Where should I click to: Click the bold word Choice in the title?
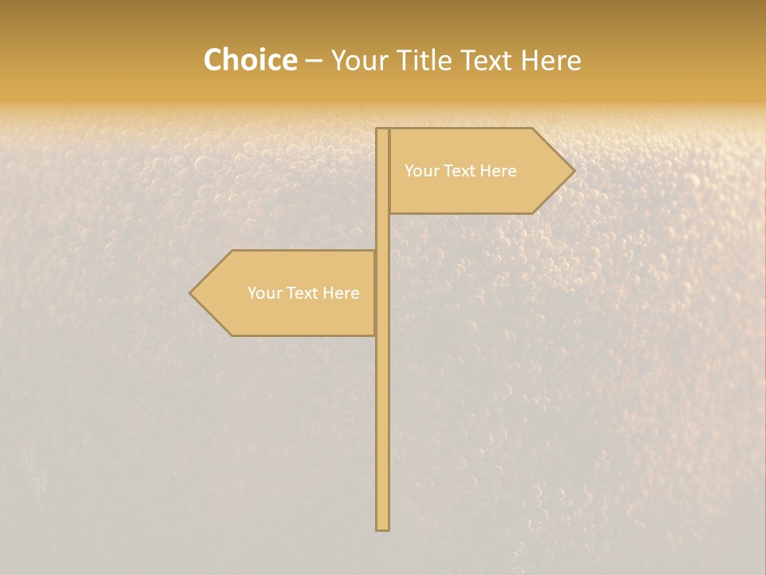point(250,61)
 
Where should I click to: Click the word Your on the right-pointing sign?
point(421,171)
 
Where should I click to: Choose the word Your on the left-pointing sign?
point(264,293)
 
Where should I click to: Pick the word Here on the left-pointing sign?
point(341,293)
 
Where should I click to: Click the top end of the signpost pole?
point(383,130)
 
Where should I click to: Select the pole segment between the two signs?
point(383,232)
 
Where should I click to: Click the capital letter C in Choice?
point(213,61)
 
